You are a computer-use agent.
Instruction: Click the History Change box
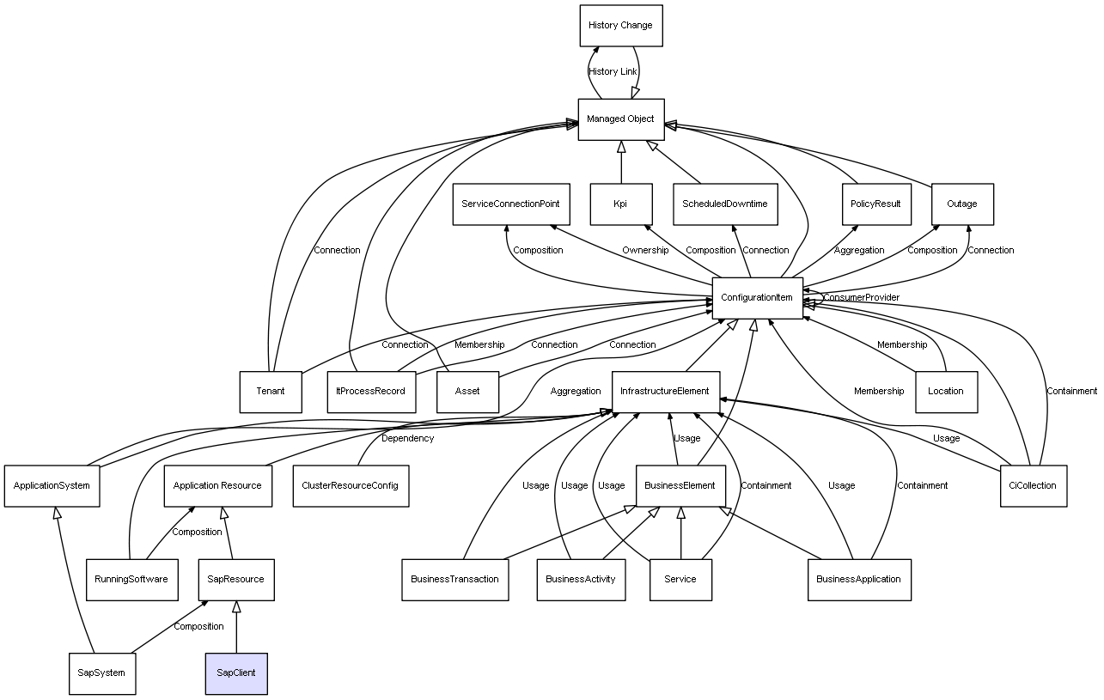click(620, 26)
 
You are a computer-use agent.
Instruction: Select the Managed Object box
click(620, 119)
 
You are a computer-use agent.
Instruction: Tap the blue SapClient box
click(236, 673)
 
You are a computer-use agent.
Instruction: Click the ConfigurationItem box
click(757, 297)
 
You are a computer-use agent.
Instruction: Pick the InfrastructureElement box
click(665, 391)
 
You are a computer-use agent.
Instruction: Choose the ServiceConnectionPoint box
click(510, 204)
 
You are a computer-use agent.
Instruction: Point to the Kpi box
click(620, 204)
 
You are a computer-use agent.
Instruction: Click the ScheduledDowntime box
click(725, 204)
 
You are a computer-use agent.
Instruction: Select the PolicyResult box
click(875, 204)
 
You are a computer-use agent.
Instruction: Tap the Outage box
click(962, 204)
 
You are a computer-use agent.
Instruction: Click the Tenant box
click(271, 391)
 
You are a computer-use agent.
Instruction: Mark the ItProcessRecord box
click(371, 391)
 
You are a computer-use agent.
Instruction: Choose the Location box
click(946, 391)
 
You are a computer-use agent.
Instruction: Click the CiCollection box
click(1034, 485)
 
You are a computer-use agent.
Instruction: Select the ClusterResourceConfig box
click(351, 485)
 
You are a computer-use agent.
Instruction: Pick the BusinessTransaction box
click(454, 579)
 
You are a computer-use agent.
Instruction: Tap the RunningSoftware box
click(132, 579)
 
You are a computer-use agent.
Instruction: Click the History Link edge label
click(613, 71)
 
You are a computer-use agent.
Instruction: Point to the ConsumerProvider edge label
click(862, 297)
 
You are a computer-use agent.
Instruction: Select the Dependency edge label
click(407, 438)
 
